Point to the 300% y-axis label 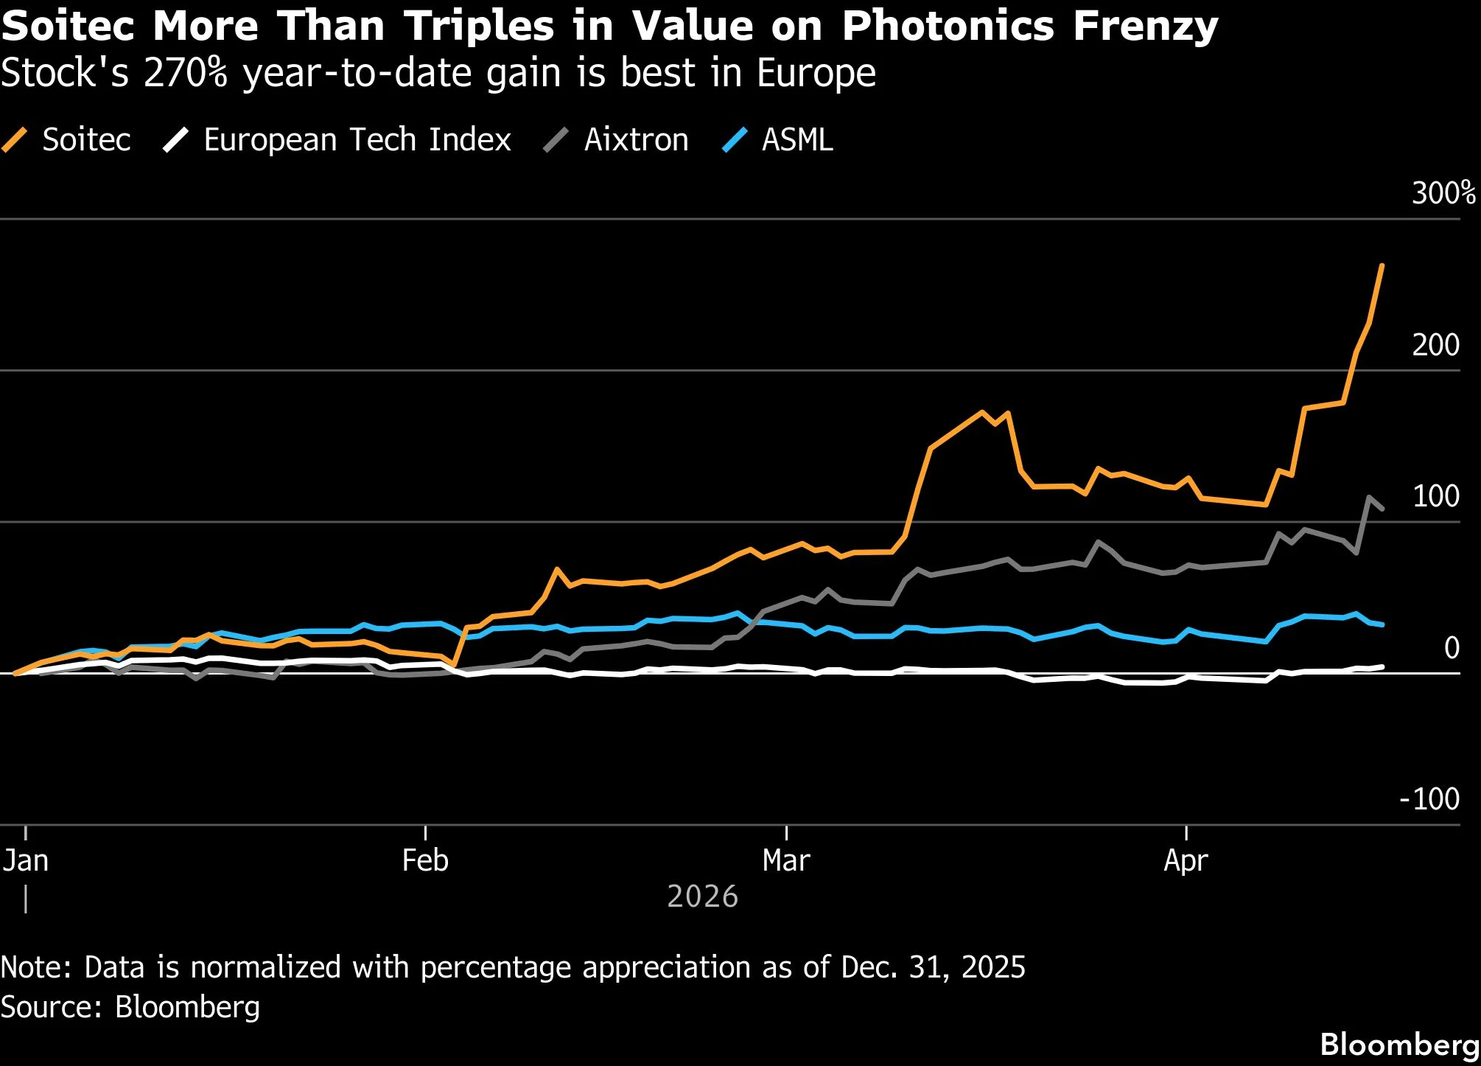point(1443,193)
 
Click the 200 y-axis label point(1435,345)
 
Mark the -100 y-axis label point(1429,799)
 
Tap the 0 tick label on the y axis point(1452,648)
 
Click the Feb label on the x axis point(425,860)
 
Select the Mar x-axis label point(786,860)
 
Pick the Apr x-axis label point(1186,860)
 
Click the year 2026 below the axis point(702,896)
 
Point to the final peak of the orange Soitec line point(1382,265)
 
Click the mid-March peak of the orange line point(981,412)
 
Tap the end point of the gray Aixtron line point(1382,509)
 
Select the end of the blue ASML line point(1382,624)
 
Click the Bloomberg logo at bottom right point(1399,1045)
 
